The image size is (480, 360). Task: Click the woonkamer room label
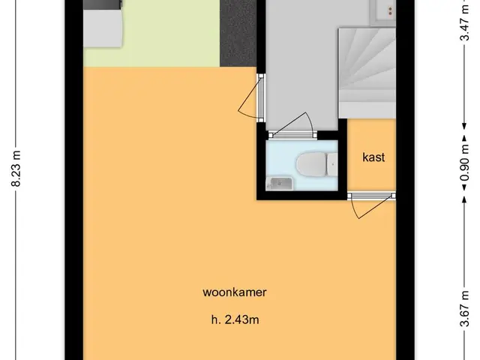point(235,292)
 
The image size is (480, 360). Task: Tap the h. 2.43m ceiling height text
point(235,320)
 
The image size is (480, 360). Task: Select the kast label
point(373,157)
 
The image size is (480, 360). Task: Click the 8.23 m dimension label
point(16,168)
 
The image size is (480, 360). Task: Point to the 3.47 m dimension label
point(465,22)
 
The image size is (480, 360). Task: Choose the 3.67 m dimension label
point(465,308)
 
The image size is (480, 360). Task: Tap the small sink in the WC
point(279,183)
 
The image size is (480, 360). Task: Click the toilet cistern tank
point(332,165)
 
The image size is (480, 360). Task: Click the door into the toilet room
point(292,126)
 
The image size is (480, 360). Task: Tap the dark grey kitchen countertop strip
point(238,33)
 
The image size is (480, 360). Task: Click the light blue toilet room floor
point(301,165)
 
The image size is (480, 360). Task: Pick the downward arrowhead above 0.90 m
point(464,126)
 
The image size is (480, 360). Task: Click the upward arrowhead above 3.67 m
point(464,199)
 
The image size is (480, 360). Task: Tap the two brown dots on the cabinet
point(390,12)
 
